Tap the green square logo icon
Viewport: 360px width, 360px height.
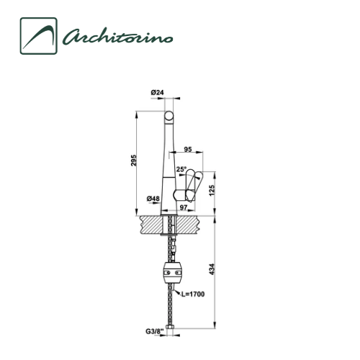[x=38, y=36]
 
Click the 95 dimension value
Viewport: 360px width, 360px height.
[x=186, y=150]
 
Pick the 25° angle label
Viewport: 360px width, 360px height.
[x=181, y=170]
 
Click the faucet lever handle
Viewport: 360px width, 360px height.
[x=192, y=185]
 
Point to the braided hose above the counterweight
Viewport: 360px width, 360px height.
[x=172, y=248]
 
